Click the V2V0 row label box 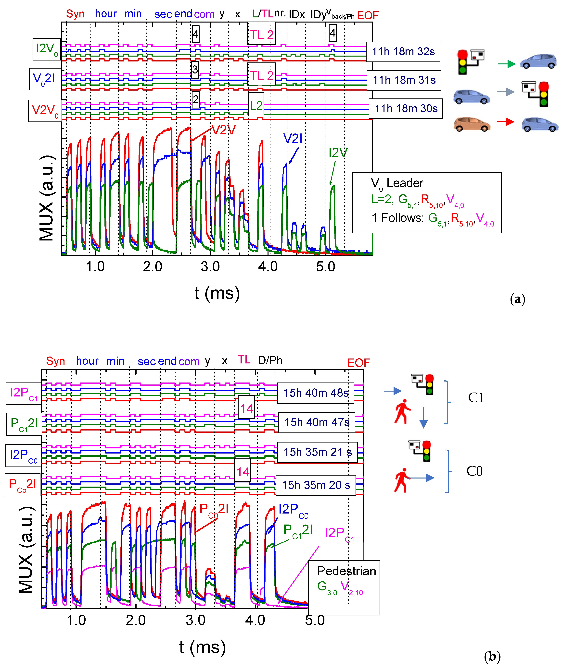pyautogui.click(x=45, y=111)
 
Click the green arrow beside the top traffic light pyautogui.click(x=507, y=64)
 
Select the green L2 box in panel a pyautogui.click(x=256, y=105)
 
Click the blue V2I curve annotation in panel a pyautogui.click(x=293, y=138)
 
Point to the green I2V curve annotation pyautogui.click(x=338, y=153)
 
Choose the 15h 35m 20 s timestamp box pyautogui.click(x=316, y=485)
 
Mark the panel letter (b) pyautogui.click(x=492, y=656)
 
